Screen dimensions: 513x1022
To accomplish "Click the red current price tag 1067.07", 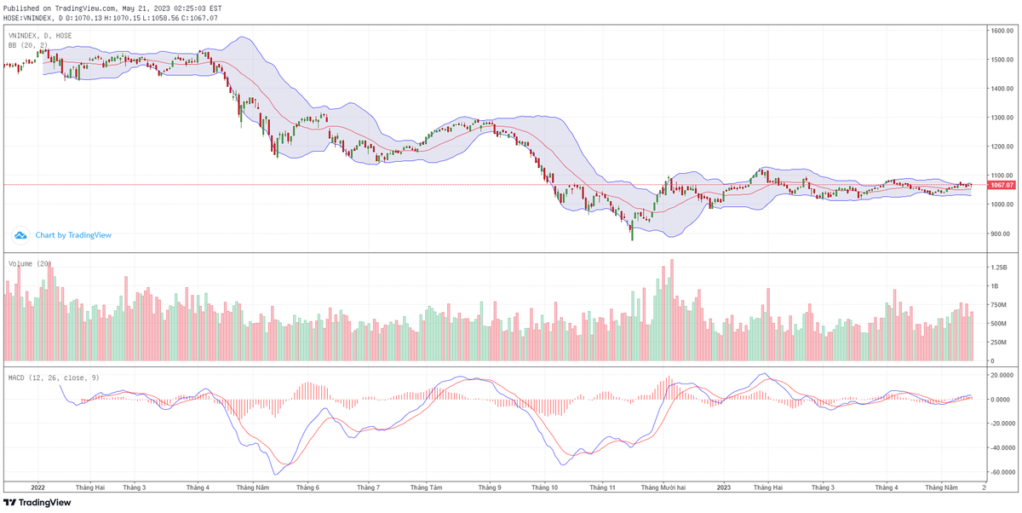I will [1002, 185].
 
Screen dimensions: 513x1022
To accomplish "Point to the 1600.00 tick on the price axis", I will [1002, 31].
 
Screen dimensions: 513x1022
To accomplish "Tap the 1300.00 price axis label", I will [1002, 118].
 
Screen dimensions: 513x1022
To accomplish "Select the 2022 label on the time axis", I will [37, 487].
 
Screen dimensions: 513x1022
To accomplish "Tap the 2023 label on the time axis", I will [724, 487].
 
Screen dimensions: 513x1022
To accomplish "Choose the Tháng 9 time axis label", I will [489, 487].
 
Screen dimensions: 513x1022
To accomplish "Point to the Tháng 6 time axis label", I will [307, 487].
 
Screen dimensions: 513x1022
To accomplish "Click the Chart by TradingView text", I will [73, 235].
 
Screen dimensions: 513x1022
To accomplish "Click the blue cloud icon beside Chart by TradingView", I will [21, 235].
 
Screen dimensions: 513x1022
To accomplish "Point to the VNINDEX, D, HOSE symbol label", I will [40, 36].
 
